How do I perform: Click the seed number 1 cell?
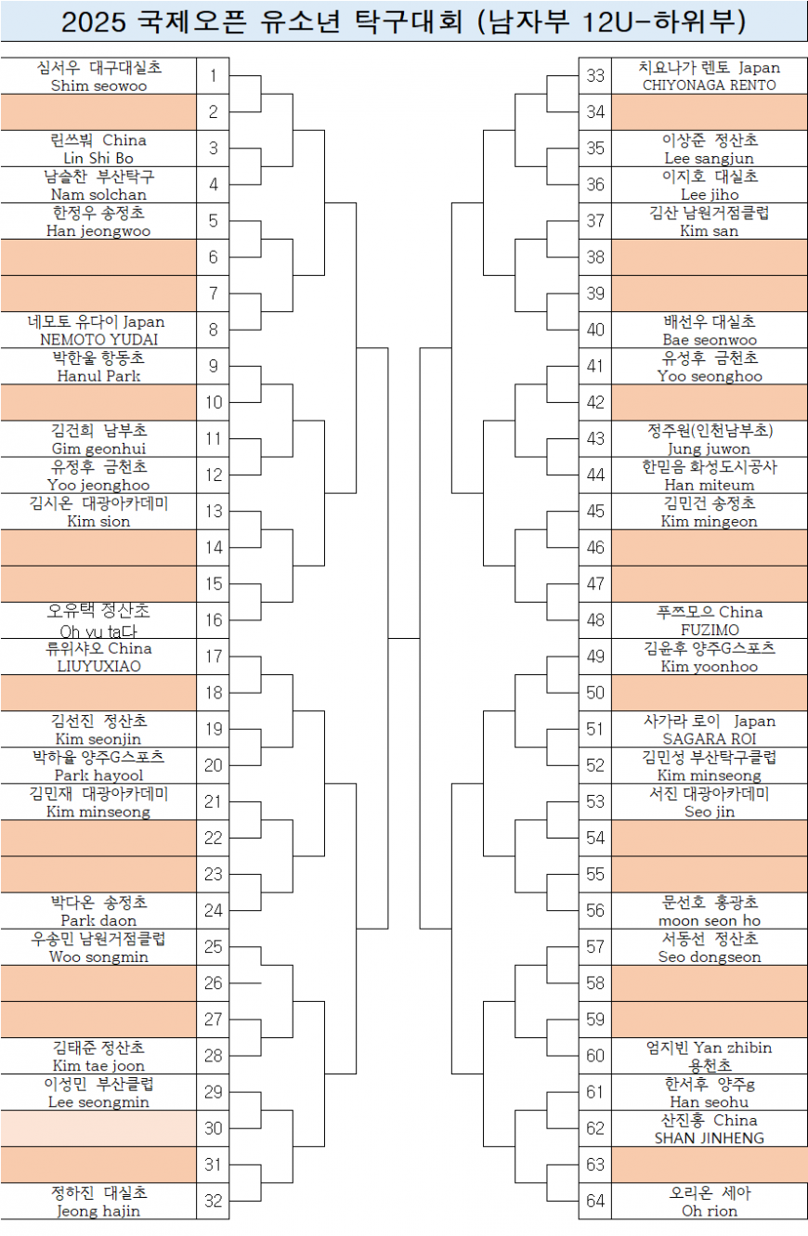[x=213, y=76]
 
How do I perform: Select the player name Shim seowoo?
[x=98, y=85]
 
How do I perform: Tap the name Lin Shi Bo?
[x=98, y=158]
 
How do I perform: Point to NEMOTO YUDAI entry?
[x=98, y=340]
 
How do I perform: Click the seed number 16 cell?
[x=213, y=620]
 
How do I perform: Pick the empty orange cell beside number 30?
[x=98, y=1128]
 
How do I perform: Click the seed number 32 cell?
[x=213, y=1201]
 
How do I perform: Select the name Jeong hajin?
[x=98, y=1211]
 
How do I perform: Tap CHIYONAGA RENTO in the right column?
[x=710, y=85]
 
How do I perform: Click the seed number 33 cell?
[x=595, y=76]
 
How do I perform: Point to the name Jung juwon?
[x=710, y=449]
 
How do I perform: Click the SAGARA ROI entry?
[x=710, y=739]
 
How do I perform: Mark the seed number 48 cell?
[x=595, y=620]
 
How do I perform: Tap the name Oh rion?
[x=710, y=1211]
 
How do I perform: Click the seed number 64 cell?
[x=595, y=1201]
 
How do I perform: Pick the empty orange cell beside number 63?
[x=710, y=1164]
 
